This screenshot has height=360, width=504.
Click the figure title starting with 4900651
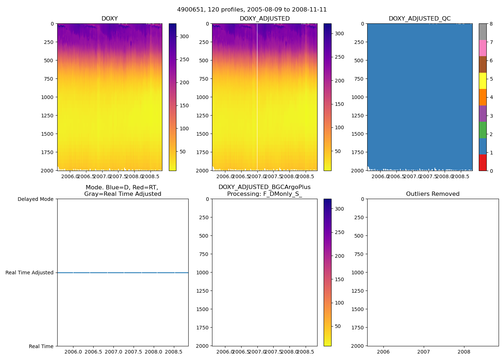click(x=252, y=10)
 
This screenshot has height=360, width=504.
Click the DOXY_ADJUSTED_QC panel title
click(x=419, y=18)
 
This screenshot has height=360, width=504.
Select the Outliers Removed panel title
click(x=433, y=194)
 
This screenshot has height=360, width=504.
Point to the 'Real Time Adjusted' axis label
click(x=30, y=273)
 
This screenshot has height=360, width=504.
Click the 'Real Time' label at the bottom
click(x=41, y=346)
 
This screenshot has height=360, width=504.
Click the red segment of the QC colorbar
click(x=483, y=163)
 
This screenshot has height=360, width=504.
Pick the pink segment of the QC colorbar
click(x=483, y=48)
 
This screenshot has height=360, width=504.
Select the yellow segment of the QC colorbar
click(x=483, y=81)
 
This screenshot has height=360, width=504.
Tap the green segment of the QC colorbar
click(x=483, y=130)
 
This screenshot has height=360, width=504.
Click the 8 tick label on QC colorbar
click(x=491, y=24)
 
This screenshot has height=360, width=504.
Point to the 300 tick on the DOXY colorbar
click(x=184, y=36)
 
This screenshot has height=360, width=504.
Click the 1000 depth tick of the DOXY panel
click(x=48, y=97)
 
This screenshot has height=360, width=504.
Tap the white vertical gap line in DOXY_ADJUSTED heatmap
click(x=257, y=97)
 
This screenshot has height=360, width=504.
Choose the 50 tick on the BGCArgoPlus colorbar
click(x=338, y=326)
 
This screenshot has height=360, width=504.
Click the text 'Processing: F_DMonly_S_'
click(x=264, y=194)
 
